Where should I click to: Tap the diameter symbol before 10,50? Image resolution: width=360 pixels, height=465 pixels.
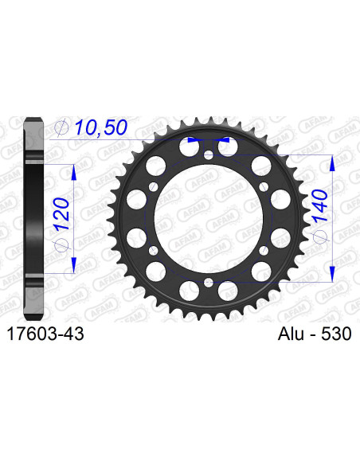[x=61, y=127]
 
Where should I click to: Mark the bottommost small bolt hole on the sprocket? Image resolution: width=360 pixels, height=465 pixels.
[x=208, y=282]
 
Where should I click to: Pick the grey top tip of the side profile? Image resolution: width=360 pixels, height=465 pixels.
[x=32, y=120]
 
